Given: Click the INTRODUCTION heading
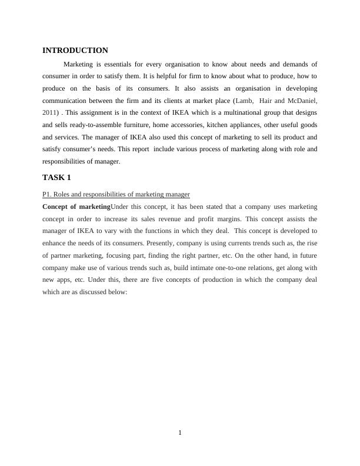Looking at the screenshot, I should (x=75, y=51).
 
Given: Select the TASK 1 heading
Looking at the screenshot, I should (x=57, y=177).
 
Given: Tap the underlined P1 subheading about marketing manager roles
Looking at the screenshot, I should (x=116, y=194).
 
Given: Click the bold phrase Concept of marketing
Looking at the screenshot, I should (x=76, y=207).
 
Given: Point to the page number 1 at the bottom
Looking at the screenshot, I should (x=180, y=433).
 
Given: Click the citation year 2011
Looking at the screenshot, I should (x=50, y=112).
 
